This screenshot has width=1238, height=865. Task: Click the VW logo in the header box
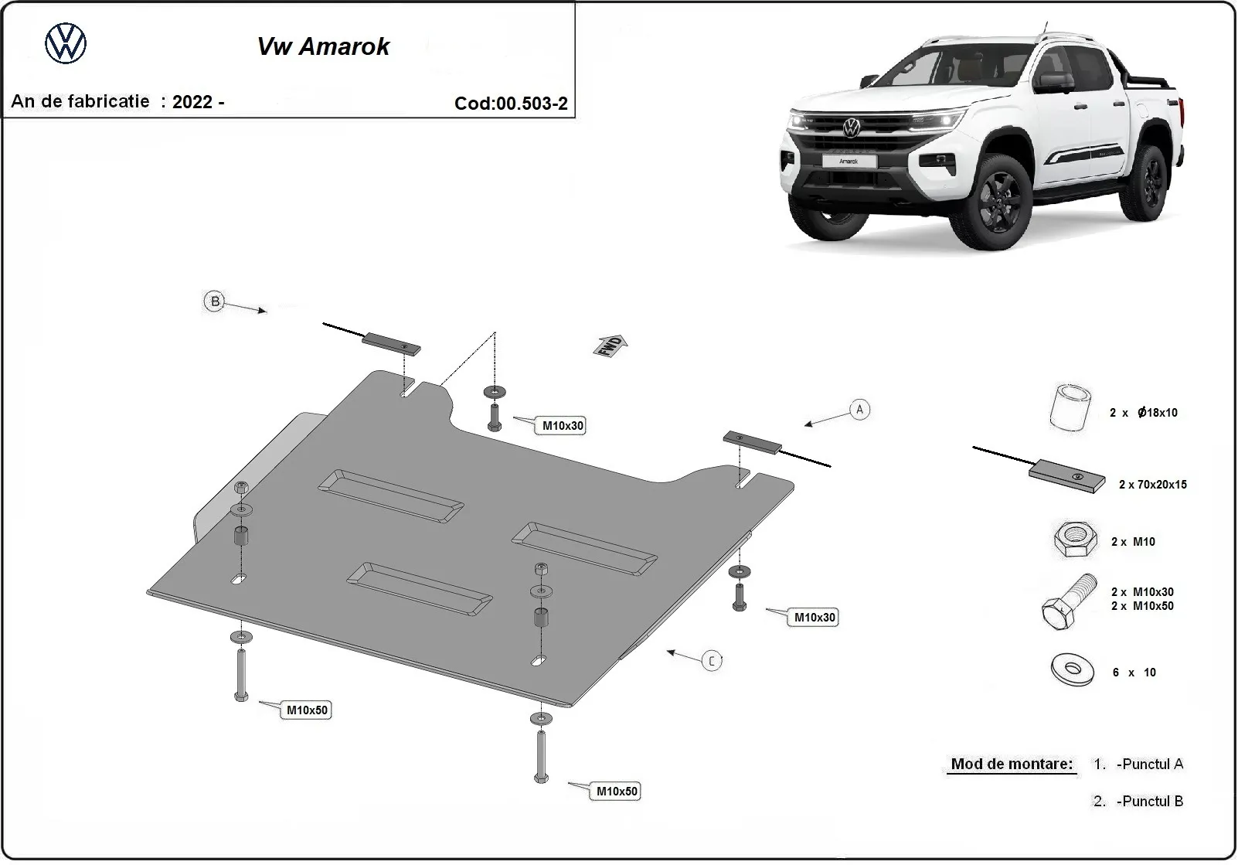click(x=66, y=43)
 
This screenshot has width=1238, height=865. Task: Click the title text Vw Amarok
click(x=323, y=46)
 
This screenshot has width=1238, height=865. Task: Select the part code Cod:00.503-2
click(x=511, y=104)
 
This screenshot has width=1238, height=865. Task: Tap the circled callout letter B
click(x=215, y=301)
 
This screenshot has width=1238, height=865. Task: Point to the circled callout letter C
click(x=712, y=660)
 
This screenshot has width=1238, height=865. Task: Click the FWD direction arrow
click(x=610, y=345)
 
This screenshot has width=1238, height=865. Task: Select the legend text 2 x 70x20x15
click(x=1152, y=485)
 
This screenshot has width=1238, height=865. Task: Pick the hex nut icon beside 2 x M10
click(x=1074, y=540)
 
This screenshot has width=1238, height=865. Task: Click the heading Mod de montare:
click(x=1011, y=764)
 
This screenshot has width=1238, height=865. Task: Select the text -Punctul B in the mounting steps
click(x=1149, y=801)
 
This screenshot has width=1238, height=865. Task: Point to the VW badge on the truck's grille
click(x=851, y=128)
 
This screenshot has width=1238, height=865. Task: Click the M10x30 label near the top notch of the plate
click(x=562, y=426)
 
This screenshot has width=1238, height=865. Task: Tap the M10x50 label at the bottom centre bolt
click(x=616, y=791)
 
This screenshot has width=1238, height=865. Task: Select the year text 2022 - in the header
click(x=198, y=101)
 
